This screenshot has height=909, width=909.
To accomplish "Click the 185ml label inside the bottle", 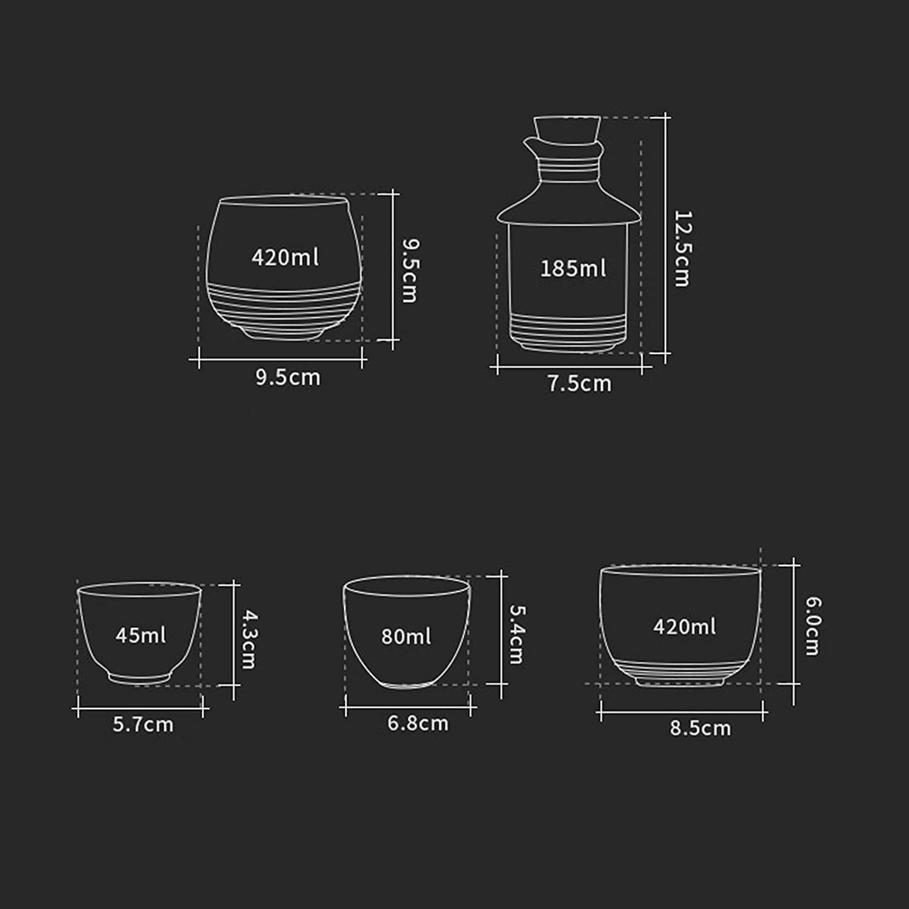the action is coord(573,268).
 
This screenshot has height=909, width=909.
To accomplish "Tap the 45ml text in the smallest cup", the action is coord(141,635).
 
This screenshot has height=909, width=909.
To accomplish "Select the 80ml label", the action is coord(406,636).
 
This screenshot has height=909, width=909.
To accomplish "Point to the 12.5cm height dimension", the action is coord(682,248).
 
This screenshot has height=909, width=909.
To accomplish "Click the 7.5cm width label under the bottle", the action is coord(580,384).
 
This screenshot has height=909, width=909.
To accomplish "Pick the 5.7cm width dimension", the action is coord(143,724).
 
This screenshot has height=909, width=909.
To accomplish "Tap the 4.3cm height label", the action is coord(249,639).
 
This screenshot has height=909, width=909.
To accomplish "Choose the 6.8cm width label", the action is coord(418,723).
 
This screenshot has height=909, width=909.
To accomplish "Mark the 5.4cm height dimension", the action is coord(516,634).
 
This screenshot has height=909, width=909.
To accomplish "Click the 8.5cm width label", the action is coord(701,728).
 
